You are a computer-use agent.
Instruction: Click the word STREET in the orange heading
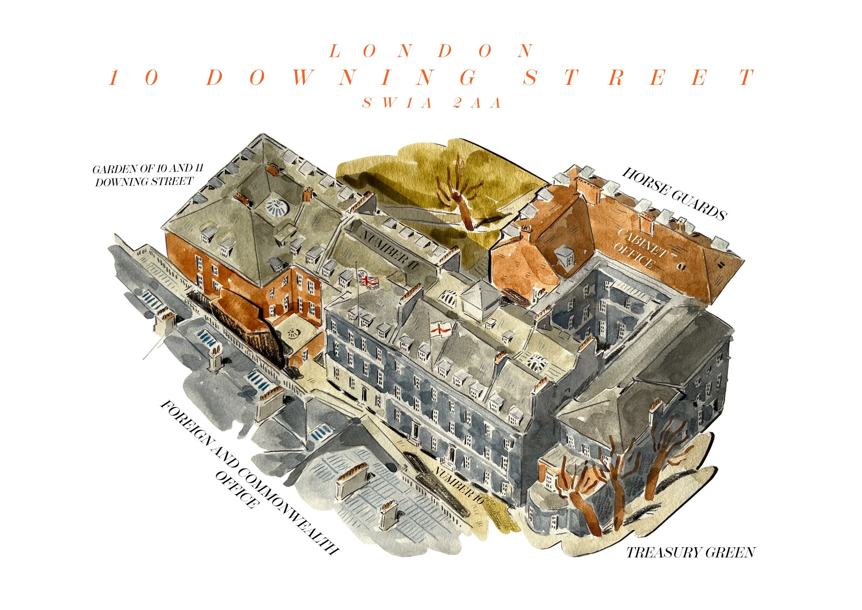tap(638, 77)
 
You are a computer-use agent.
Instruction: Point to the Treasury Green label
tap(690, 552)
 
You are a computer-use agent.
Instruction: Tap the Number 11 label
tap(389, 250)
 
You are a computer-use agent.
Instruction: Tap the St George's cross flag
tap(440, 329)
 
